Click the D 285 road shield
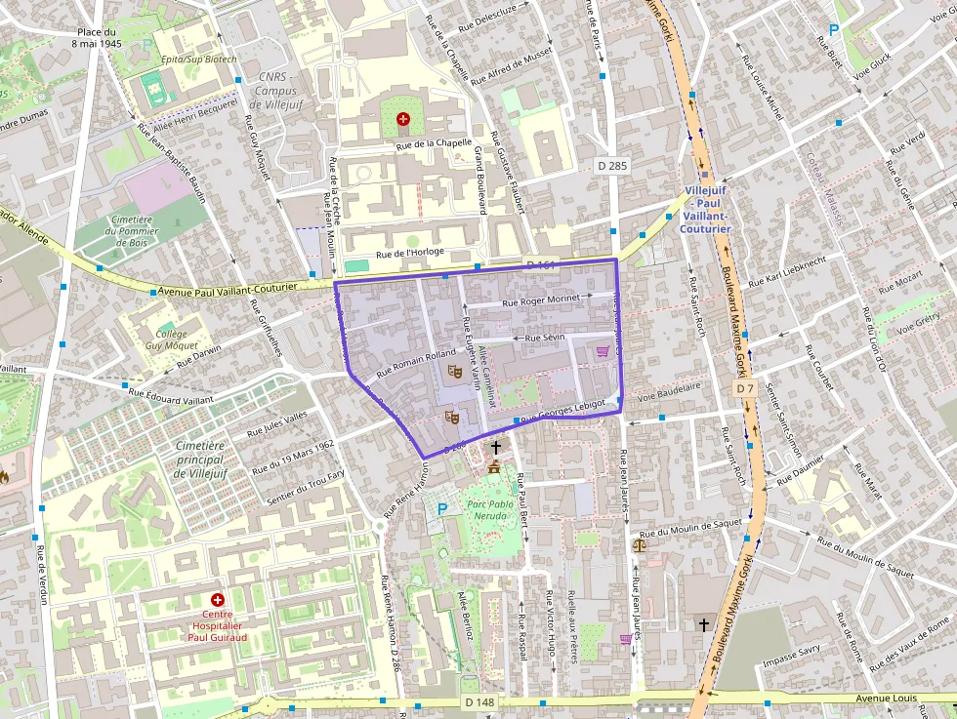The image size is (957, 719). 611,166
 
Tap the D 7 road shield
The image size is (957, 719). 745,388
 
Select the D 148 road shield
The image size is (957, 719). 479,701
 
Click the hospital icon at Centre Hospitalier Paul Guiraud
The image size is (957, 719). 217,600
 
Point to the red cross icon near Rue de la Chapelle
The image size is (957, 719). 402,119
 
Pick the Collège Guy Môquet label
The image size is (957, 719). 171,340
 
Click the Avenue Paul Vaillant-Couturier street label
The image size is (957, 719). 240,290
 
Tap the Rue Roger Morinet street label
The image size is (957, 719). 540,301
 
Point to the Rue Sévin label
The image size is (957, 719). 545,338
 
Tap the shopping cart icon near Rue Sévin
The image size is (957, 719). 603,352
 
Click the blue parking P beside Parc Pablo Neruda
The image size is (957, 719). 442,508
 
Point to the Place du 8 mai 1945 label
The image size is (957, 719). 96,38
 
